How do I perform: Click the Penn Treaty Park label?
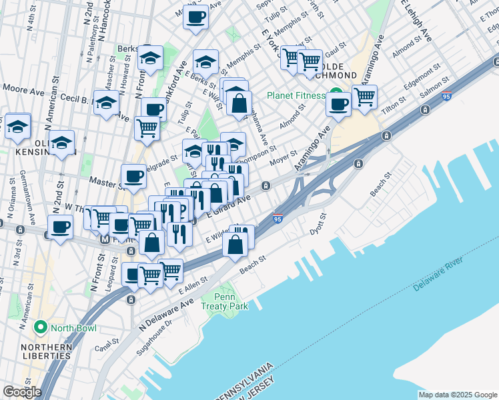231,301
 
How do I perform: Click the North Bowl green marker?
41,328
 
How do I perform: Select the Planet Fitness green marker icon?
337,95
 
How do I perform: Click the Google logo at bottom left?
22,392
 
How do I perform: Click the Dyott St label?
319,224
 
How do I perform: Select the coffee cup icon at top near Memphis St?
196,17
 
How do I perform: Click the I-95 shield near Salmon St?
447,97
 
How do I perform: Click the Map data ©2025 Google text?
458,395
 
